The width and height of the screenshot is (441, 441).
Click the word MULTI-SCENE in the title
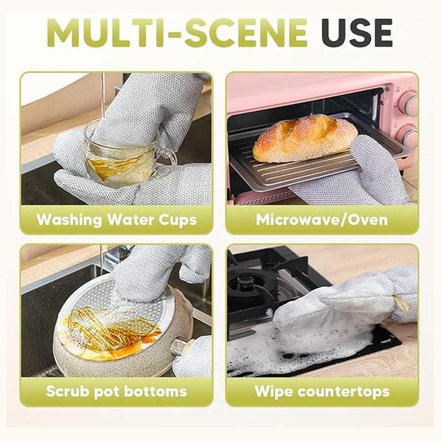176,33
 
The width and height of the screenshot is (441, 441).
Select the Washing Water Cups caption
117,220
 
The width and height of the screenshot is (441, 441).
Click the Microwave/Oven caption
322,220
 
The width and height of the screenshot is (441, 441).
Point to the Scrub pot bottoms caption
117,391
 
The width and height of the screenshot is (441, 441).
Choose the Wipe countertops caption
322,391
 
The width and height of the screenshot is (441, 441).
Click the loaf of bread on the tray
304,138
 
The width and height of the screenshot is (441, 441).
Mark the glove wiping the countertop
340,309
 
